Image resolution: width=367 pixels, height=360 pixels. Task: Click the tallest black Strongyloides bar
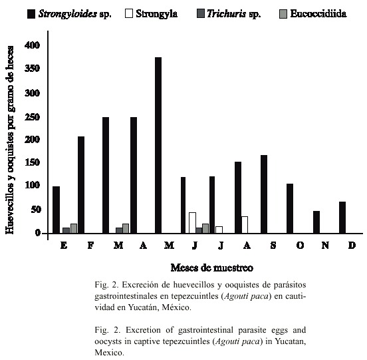(158, 145)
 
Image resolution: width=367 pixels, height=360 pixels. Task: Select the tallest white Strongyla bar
(192, 223)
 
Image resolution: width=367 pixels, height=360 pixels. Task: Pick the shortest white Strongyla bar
(219, 230)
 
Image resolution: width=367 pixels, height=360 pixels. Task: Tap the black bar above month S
(264, 194)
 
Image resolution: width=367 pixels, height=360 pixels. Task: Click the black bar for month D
(342, 218)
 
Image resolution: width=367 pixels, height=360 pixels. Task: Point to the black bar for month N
(316, 222)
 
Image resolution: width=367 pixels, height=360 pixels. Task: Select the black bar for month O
(290, 208)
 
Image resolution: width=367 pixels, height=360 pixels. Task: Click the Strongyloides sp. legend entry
(69, 14)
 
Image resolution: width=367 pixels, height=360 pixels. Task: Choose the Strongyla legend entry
(151, 13)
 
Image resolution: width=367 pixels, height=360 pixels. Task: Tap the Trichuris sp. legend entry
(229, 14)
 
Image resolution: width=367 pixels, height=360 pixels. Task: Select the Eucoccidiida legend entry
(313, 13)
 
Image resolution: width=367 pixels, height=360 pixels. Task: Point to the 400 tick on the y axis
(33, 45)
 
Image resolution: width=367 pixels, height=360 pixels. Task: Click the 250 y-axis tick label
(33, 117)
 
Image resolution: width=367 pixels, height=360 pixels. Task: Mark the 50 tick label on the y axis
(36, 210)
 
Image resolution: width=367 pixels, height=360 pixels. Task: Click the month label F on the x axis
(90, 246)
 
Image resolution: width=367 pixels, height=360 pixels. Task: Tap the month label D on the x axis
(352, 246)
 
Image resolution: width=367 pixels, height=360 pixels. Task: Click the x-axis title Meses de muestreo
(212, 268)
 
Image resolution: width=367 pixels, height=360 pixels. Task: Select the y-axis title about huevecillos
(10, 140)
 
